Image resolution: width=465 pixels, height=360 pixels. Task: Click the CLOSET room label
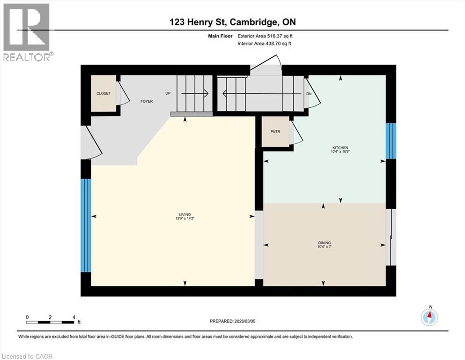pyautogui.click(x=103, y=93)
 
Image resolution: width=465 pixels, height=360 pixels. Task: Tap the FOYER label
pyautogui.click(x=147, y=101)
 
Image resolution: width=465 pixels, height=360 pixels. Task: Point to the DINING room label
pyautogui.click(x=324, y=243)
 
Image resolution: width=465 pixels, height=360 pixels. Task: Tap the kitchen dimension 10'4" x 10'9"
pyautogui.click(x=341, y=151)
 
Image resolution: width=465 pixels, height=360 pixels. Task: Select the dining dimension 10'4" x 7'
pyautogui.click(x=324, y=247)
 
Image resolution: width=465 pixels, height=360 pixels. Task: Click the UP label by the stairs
pyautogui.click(x=168, y=93)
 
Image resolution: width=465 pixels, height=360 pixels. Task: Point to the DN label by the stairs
pyautogui.click(x=309, y=93)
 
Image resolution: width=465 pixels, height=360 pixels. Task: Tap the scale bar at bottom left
pyautogui.click(x=51, y=322)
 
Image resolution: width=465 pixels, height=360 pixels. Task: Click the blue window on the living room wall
pyautogui.click(x=85, y=225)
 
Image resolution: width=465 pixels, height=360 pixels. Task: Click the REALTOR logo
pyautogui.click(x=27, y=32)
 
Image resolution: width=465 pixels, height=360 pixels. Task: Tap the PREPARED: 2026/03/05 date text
pyautogui.click(x=232, y=322)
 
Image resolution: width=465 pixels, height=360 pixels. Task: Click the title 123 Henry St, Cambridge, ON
pyautogui.click(x=232, y=22)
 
